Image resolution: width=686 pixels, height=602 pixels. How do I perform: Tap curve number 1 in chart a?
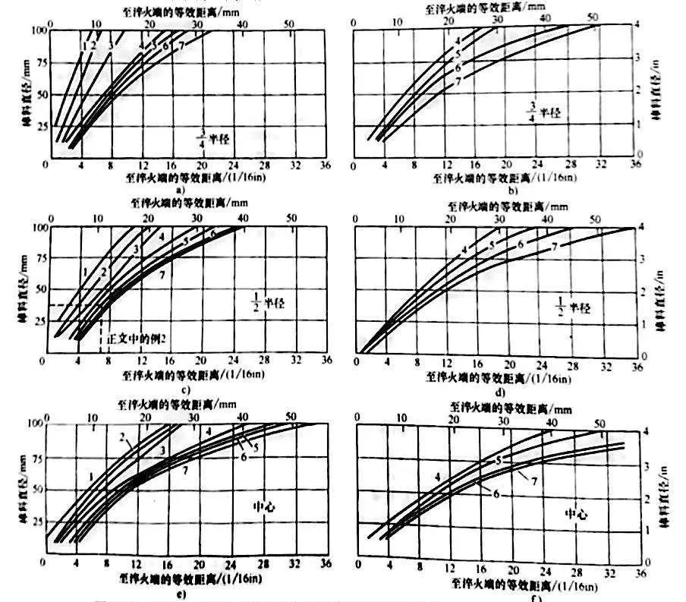[x=82, y=46]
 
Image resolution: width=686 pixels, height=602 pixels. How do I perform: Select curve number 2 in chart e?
[x=121, y=436]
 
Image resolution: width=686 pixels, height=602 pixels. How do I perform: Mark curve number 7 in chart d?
[x=555, y=247]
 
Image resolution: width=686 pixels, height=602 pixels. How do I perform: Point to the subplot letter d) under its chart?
[x=498, y=391]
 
